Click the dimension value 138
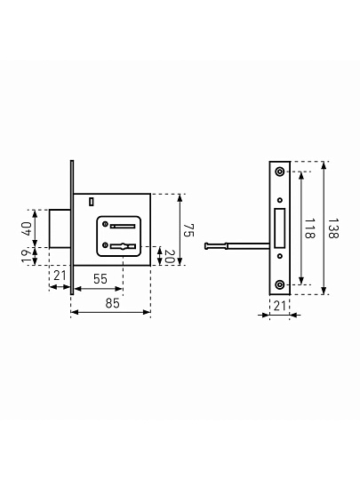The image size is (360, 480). pos(332,228)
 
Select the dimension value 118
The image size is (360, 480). pos(310,228)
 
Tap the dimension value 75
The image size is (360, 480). pos(188,230)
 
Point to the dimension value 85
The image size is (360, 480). pos(112,303)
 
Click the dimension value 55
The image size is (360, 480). pos(100,279)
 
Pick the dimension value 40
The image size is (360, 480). pos(27,228)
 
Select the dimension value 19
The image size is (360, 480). pos(27,256)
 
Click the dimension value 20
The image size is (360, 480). pos(169,257)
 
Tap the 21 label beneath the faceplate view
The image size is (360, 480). pos(279,306)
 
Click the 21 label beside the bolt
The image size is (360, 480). pos(60,276)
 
